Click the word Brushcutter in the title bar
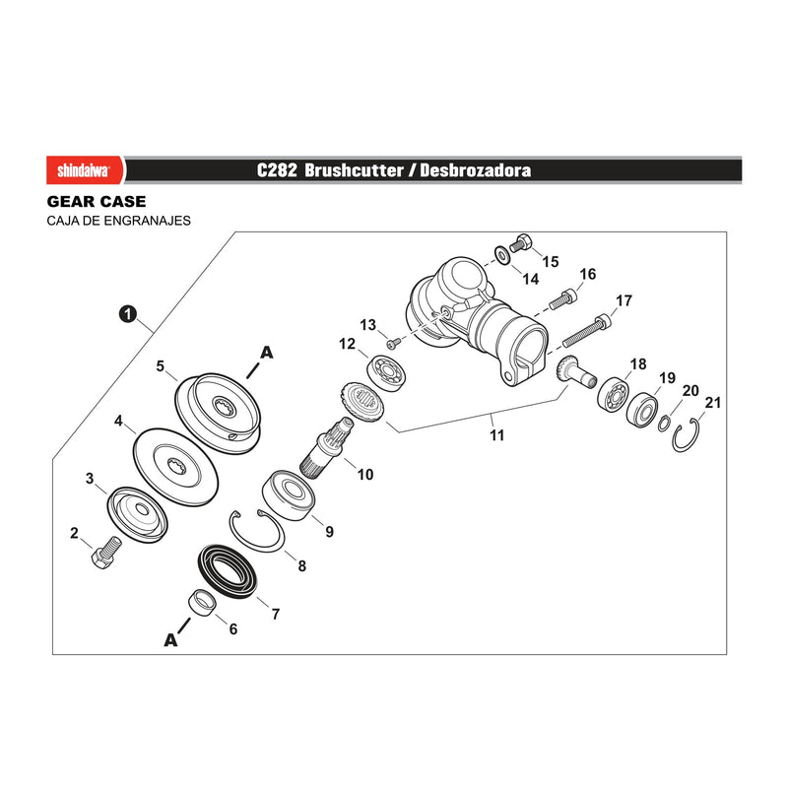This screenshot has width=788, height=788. point(354,170)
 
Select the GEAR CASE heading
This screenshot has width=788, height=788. point(97,202)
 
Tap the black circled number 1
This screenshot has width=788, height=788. point(128,314)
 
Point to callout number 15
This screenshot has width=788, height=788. point(551,261)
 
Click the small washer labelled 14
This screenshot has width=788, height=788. point(502,255)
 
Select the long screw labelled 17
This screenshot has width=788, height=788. point(587,330)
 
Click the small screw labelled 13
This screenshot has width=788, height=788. point(393,343)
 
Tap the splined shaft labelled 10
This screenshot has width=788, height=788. point(326,448)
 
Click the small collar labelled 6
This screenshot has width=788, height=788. point(203,602)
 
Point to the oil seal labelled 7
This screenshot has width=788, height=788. point(228,571)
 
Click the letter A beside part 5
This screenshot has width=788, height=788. point(267,353)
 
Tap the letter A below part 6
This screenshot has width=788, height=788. point(170,639)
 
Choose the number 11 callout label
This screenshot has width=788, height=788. point(497,435)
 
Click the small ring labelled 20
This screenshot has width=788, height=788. point(663,424)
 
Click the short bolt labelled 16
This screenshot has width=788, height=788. point(562,298)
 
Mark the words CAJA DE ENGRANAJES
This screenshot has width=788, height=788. point(118,221)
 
